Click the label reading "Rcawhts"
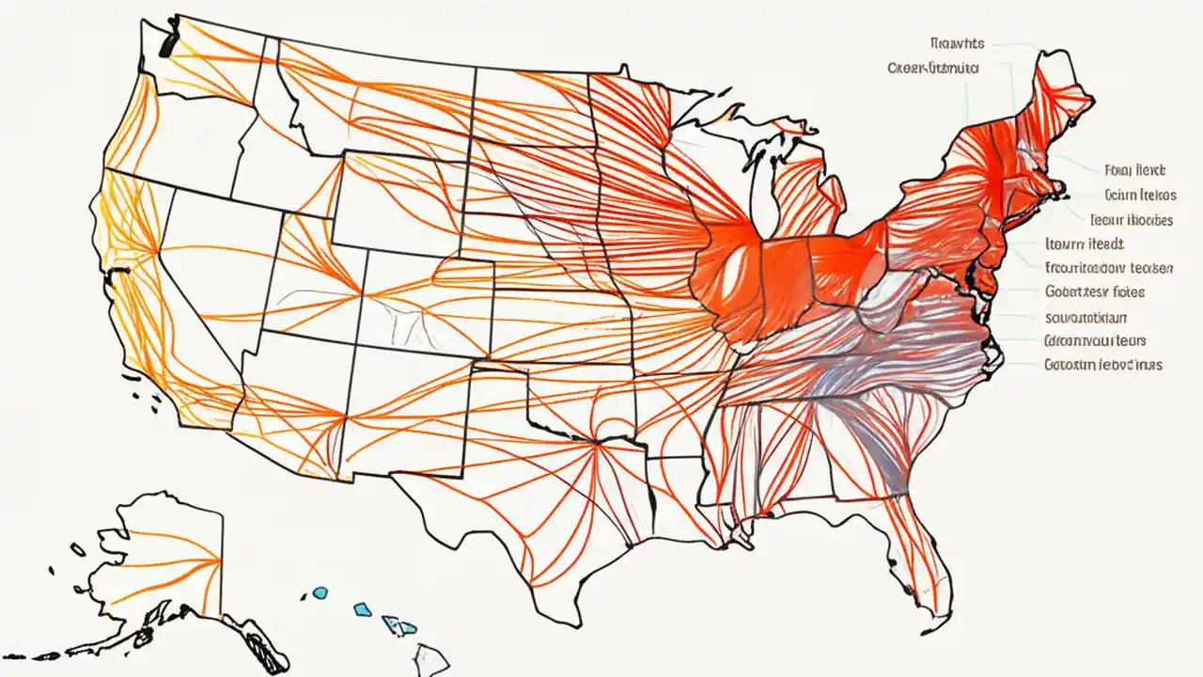956,43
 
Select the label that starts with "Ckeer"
932,69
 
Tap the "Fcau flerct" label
1134,170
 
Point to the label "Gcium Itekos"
1139,196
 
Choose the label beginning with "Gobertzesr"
1107,292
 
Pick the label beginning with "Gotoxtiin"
1102,365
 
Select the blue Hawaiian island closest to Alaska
320,593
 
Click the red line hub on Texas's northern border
596,441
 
